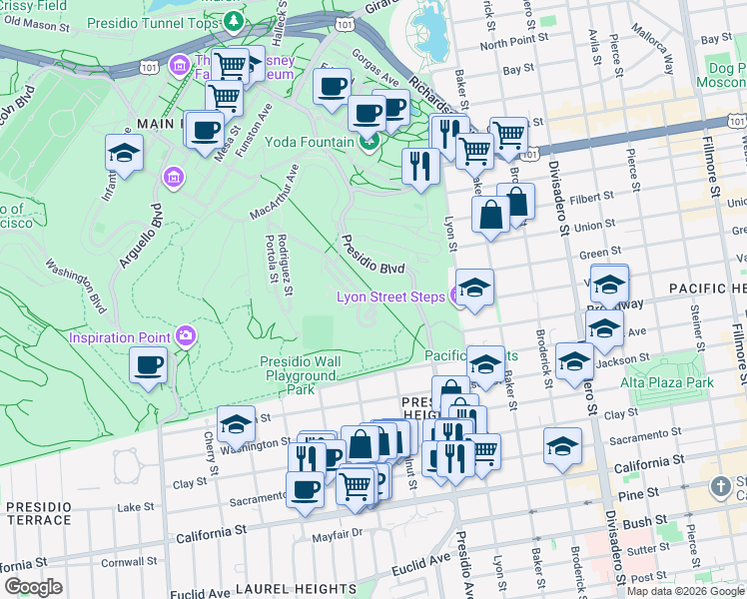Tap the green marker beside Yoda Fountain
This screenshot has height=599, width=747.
(370, 143)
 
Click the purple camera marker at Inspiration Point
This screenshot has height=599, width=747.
(186, 336)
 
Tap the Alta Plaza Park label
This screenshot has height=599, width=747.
(667, 382)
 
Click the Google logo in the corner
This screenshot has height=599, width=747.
(33, 587)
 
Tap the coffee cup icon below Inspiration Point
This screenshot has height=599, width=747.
(149, 365)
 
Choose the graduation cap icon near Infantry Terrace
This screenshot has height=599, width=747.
(124, 154)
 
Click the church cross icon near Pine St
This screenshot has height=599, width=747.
(721, 487)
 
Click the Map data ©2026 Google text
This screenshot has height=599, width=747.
(685, 591)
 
